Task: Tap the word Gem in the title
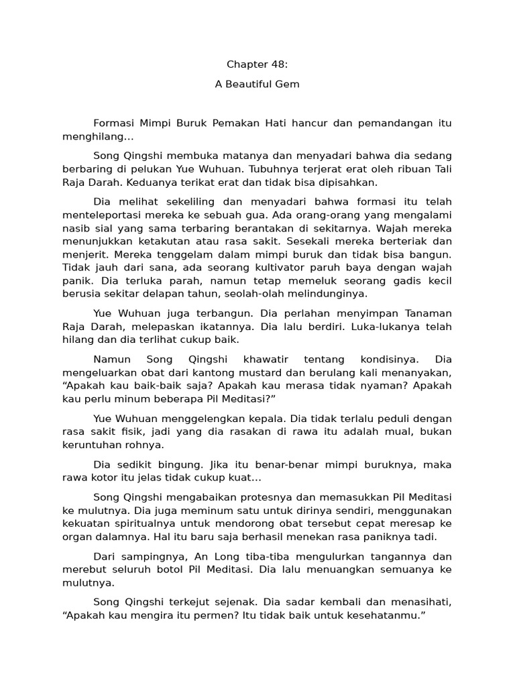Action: pyautogui.click(x=286, y=85)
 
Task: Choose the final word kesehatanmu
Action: pyautogui.click(x=388, y=615)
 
